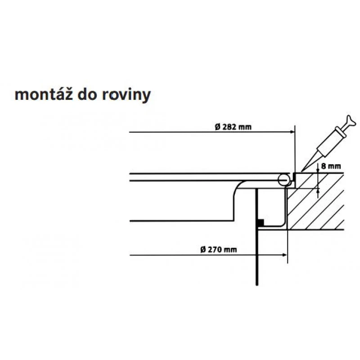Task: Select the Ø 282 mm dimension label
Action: click(x=234, y=127)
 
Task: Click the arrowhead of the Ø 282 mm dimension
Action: click(x=292, y=132)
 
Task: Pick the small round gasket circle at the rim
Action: click(x=283, y=180)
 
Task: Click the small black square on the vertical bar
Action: click(x=260, y=222)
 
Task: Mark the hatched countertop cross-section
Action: click(x=315, y=202)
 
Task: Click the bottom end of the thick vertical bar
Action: click(x=256, y=283)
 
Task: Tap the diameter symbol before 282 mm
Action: click(x=217, y=127)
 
